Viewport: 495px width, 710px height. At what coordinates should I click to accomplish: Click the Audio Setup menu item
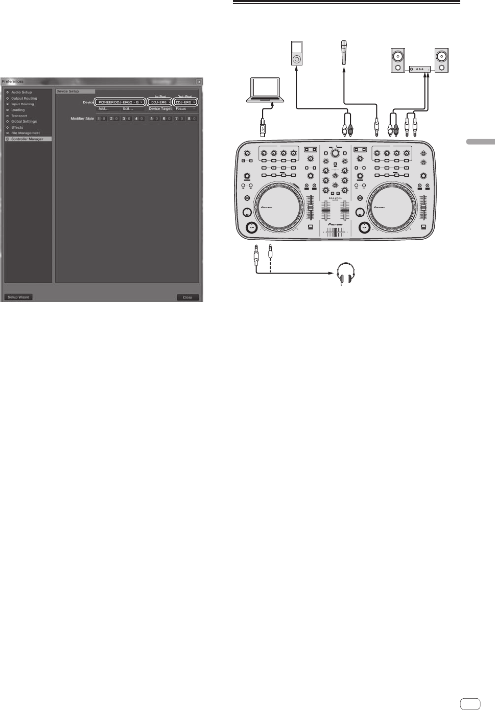tap(21, 93)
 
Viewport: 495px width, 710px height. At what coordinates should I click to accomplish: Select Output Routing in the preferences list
tap(23, 98)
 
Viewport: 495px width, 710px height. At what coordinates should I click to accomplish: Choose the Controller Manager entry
tap(27, 139)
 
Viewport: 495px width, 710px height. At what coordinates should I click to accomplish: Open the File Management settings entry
tap(25, 133)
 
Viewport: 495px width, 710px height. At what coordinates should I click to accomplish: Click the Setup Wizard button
tap(18, 297)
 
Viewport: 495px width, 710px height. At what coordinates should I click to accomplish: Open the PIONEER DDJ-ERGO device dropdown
tap(120, 102)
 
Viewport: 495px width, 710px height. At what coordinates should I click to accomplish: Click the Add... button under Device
tap(103, 109)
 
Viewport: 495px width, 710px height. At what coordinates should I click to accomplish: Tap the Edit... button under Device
tap(128, 109)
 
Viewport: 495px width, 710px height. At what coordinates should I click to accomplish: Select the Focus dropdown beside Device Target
tap(185, 109)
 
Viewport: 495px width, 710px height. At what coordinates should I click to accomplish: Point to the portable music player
tap(296, 53)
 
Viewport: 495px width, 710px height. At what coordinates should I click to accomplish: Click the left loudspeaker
tap(398, 60)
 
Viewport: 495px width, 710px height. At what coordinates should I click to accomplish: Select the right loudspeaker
tap(441, 60)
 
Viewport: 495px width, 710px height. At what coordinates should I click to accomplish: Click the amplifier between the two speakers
tap(419, 68)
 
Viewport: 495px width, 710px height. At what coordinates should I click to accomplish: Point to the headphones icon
tap(346, 274)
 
